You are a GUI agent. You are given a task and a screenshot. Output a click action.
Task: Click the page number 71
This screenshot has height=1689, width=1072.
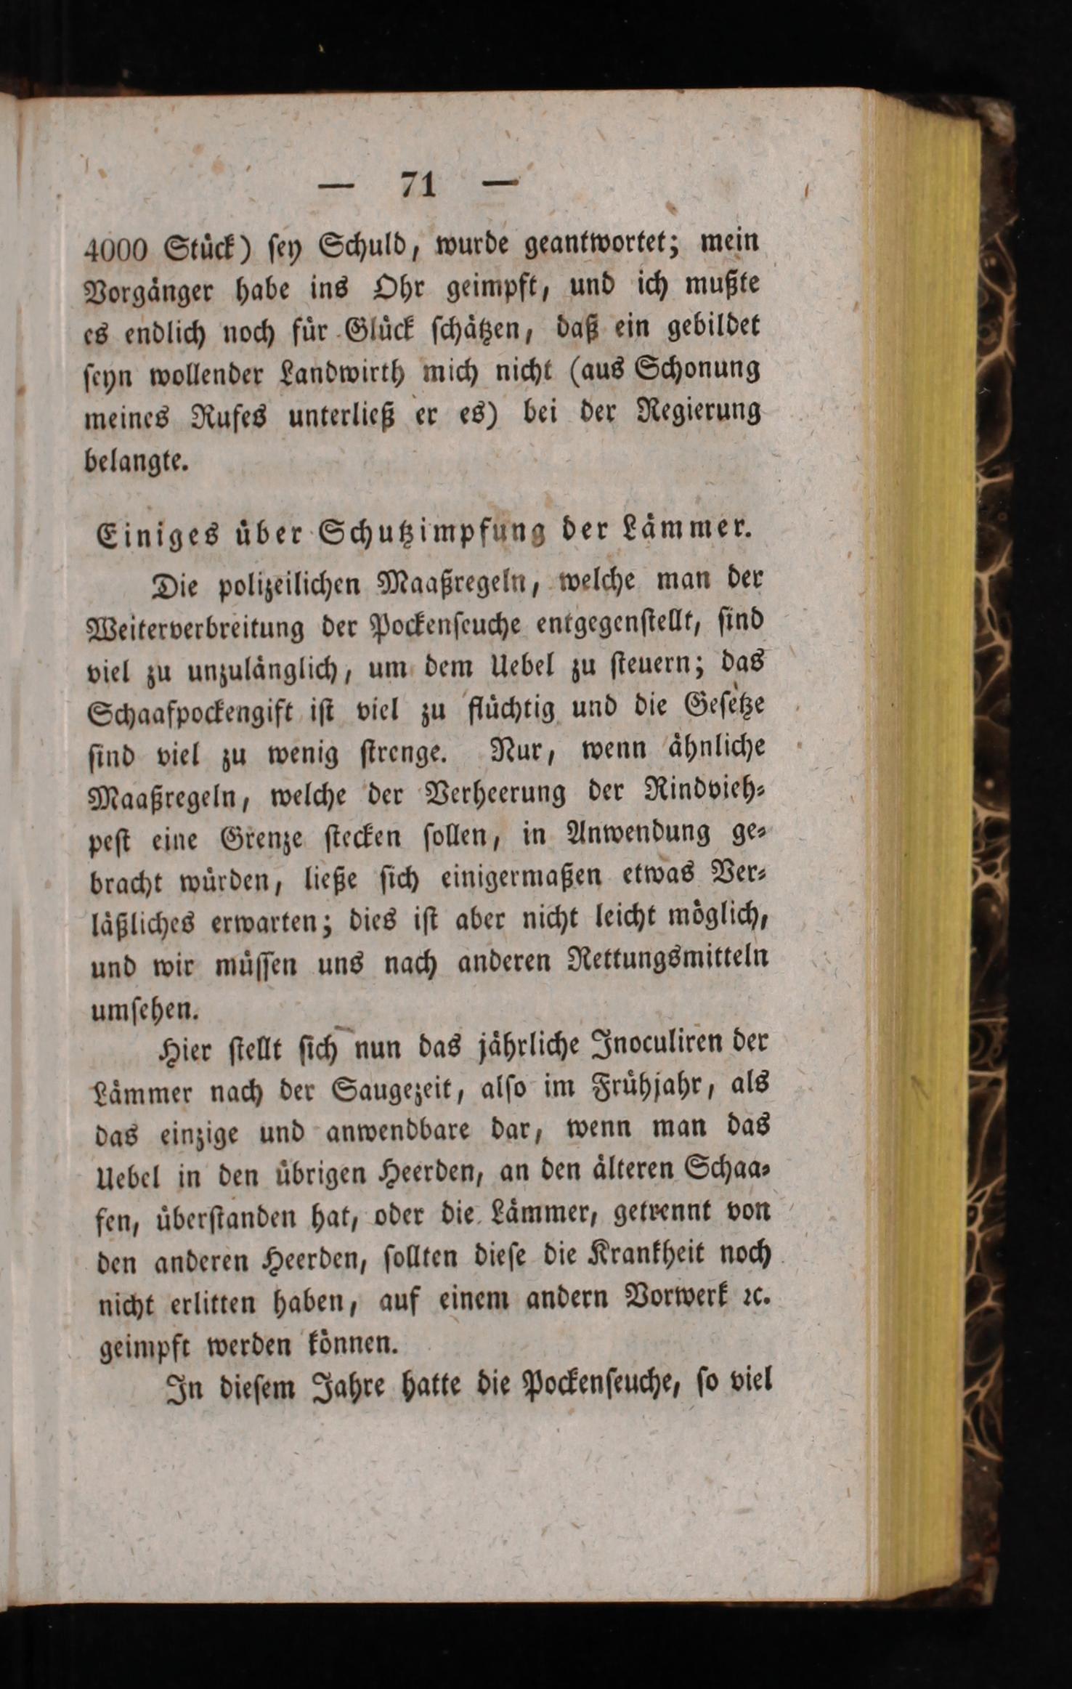(x=418, y=185)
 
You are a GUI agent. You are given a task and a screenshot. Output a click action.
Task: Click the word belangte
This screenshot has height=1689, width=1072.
(x=137, y=461)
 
